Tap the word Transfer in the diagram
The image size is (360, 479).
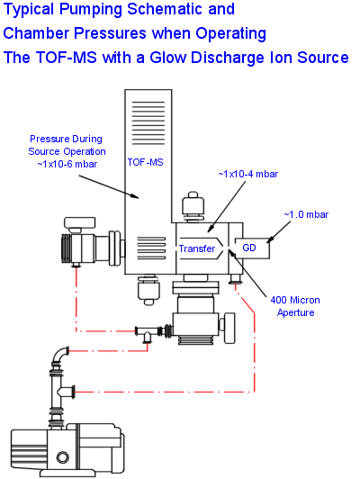point(196,249)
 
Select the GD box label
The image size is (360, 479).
point(249,247)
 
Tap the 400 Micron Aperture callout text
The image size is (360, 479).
point(298,305)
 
